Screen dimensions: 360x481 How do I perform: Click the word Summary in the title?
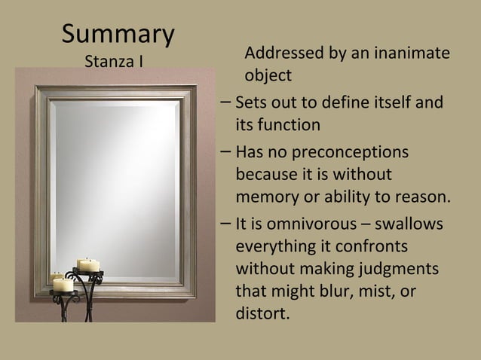(x=118, y=34)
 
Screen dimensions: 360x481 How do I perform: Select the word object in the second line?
(x=268, y=76)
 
